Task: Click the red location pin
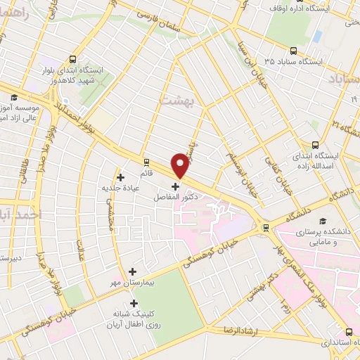[x=181, y=165]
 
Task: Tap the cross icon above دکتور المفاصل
[x=175, y=187]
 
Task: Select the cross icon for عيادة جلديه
[x=120, y=176]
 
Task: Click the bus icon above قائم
[x=146, y=161]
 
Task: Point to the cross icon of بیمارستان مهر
[x=132, y=271]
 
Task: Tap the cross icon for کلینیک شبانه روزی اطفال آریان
[x=134, y=303]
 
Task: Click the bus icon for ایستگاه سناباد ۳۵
[x=292, y=51]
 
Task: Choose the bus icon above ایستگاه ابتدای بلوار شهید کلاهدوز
[x=74, y=60]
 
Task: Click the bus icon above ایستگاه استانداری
[x=349, y=332]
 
